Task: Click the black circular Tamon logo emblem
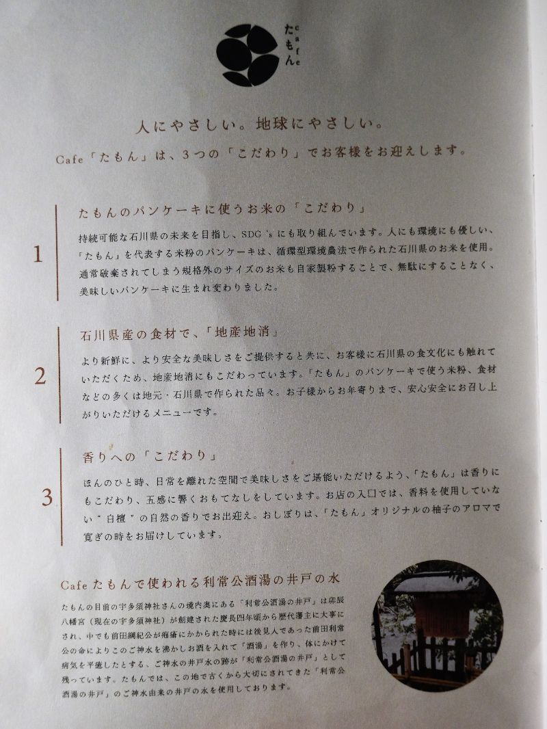tap(248, 55)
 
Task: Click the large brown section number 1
tap(38, 254)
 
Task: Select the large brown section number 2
tap(40, 376)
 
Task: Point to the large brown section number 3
tap(47, 497)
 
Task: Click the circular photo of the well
tap(438, 625)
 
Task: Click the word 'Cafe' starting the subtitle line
tap(69, 159)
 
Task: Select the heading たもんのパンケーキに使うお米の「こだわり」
tap(222, 210)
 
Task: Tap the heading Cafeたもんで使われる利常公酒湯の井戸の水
tap(200, 581)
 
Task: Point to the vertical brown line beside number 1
tap(57, 253)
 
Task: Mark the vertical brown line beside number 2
tap(59, 375)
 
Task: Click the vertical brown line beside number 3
tap(61, 496)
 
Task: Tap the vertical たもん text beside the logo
tap(289, 44)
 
